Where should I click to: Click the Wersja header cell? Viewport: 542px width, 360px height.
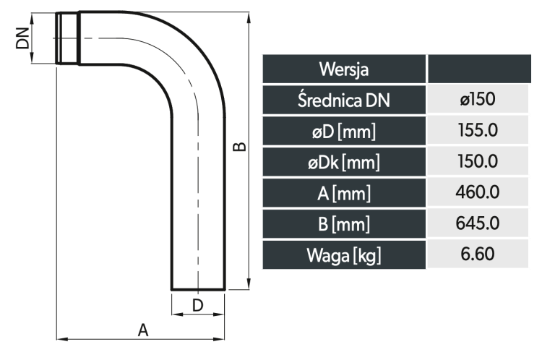click(x=344, y=69)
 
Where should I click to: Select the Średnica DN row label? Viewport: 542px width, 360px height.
click(x=344, y=100)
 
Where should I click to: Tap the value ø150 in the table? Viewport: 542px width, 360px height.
click(x=478, y=99)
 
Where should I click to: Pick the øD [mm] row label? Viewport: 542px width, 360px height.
click(x=344, y=131)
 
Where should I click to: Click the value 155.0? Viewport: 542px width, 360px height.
click(x=478, y=130)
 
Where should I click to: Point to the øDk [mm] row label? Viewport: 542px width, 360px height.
click(x=344, y=162)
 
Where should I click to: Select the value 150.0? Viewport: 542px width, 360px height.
click(x=478, y=161)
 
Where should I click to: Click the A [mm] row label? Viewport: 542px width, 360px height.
click(x=344, y=192)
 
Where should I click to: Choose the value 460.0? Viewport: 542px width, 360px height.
click(x=478, y=192)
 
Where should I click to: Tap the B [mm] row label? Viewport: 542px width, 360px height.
click(x=344, y=224)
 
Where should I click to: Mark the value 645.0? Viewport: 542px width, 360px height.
click(x=478, y=223)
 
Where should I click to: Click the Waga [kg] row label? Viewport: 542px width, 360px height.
click(x=344, y=255)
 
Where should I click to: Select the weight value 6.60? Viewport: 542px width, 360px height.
click(x=478, y=254)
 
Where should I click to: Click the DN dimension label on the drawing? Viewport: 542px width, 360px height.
click(x=23, y=38)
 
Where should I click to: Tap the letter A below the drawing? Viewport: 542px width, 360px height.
click(x=143, y=330)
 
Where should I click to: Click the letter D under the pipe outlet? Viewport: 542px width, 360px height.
click(x=197, y=305)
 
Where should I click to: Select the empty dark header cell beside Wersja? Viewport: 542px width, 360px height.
click(x=479, y=69)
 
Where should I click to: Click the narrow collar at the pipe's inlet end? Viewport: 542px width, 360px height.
click(x=68, y=38)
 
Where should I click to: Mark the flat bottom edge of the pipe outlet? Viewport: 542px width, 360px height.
click(x=198, y=289)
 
